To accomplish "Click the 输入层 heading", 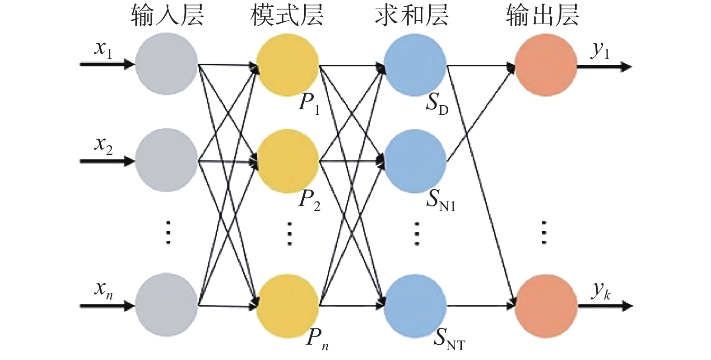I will pos(167,15).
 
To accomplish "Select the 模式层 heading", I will pos(287,15).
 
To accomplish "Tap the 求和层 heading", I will pos(411,15).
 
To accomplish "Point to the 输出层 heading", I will pos(542,15).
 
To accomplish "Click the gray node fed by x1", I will pos(167,64).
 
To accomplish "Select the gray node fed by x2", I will pos(167,160).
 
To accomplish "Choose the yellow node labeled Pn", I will pos(288,306).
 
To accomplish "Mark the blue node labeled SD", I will pos(415,65).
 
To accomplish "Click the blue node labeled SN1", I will pos(415,161).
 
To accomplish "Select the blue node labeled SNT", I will pos(415,306).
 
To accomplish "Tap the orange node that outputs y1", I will pos(546,65).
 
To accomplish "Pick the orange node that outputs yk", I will pos(546,305).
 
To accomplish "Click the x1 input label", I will pos(103,49).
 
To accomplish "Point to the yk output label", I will pos(601,290).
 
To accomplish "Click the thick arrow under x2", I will pos(107,161).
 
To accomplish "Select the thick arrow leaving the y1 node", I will pos(604,67).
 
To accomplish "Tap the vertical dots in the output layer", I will pos(544,232).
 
